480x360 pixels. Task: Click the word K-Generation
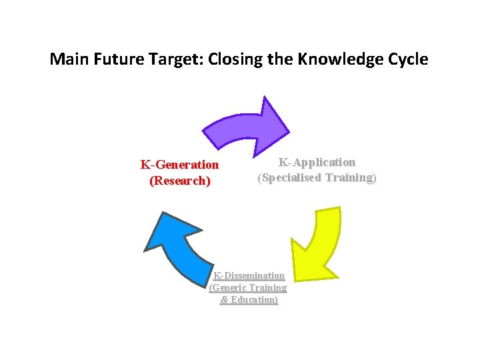tap(179, 165)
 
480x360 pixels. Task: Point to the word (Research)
tap(180, 181)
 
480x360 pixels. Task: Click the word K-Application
tap(317, 162)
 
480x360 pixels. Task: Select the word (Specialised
tap(291, 177)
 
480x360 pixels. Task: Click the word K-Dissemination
tap(249, 275)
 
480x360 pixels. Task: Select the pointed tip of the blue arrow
tap(145, 251)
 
